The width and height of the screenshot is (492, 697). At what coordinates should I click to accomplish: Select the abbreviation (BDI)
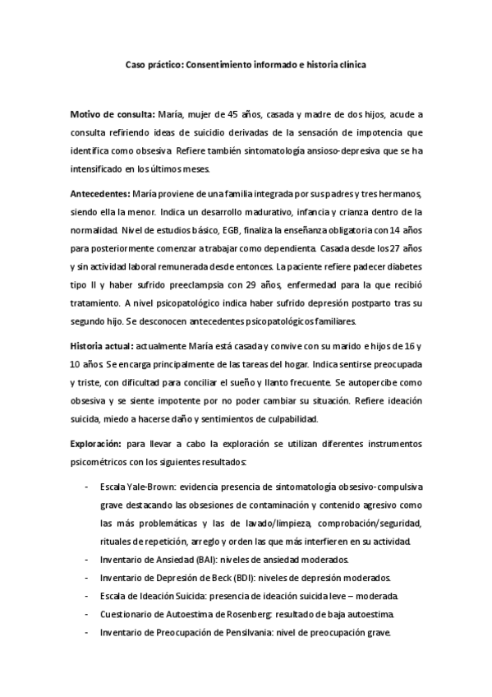[x=229, y=577]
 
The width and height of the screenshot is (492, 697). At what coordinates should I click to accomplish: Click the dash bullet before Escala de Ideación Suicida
[x=87, y=596]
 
